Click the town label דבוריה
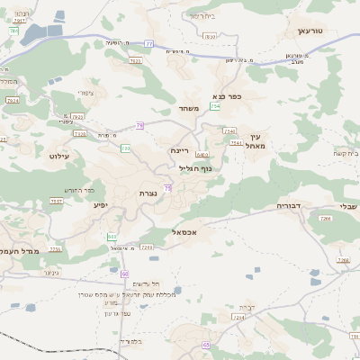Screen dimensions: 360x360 (x=292, y=206)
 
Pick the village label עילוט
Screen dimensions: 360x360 (x=58, y=157)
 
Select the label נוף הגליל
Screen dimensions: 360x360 (x=194, y=168)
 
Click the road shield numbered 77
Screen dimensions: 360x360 (x=148, y=43)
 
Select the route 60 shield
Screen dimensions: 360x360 (x=124, y=274)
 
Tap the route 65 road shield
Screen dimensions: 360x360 (x=205, y=345)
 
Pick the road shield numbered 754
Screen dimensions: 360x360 (x=215, y=107)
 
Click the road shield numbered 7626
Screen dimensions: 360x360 (x=136, y=61)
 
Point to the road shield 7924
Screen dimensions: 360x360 (x=12, y=102)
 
